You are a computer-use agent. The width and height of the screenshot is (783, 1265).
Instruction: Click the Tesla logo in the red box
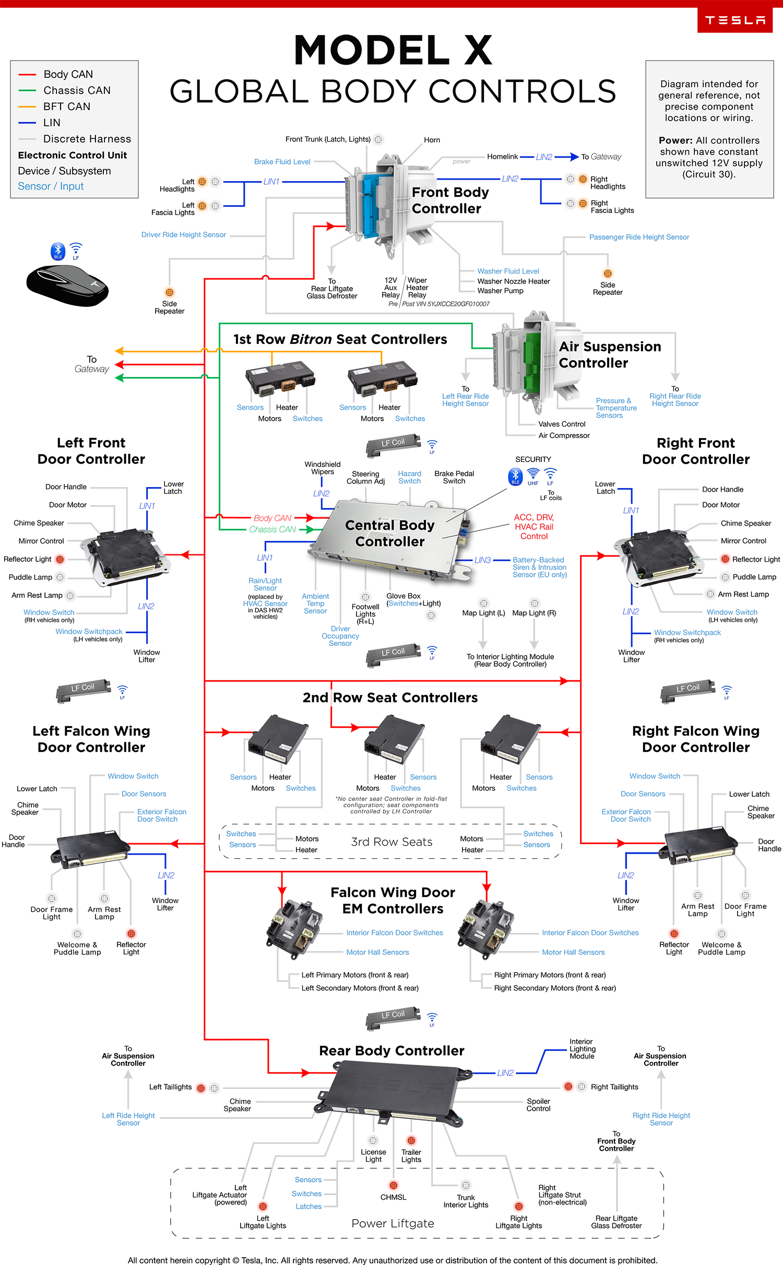tap(734, 20)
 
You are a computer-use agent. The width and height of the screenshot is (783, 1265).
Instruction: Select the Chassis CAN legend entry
tap(77, 90)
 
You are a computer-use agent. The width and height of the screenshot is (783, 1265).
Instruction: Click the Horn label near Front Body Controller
tap(432, 140)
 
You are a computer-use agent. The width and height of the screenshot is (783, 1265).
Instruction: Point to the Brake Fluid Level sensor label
tap(282, 162)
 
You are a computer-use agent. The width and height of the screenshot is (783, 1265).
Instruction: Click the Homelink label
tap(502, 157)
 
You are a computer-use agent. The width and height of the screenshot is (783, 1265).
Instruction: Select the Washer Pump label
tap(500, 291)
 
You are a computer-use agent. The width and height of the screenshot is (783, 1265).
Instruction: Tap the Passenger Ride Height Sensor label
tap(639, 237)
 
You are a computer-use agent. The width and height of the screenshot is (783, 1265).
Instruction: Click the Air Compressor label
tap(564, 435)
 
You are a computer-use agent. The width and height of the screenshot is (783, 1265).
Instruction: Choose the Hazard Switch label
tap(409, 477)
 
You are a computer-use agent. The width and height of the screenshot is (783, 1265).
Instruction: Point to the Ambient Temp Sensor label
tap(315, 604)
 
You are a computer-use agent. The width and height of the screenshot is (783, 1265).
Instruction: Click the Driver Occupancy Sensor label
tap(340, 636)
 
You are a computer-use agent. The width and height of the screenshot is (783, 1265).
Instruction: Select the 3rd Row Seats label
tap(391, 842)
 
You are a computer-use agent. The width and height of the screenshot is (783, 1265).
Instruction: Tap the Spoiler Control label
tap(538, 1105)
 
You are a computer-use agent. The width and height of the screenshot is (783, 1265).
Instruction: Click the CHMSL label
tap(393, 1197)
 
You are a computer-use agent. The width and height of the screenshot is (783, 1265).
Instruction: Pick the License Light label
tap(373, 1155)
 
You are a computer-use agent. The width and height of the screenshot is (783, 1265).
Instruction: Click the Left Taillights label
tap(170, 1087)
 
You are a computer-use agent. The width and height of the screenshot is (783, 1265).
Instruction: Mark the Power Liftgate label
tap(393, 1223)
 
